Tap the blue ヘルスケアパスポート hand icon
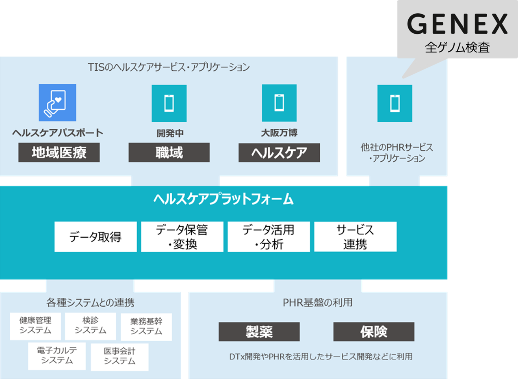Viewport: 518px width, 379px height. pos(57,102)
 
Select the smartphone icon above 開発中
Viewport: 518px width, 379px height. pos(169,103)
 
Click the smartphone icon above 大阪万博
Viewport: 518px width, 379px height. pos(279,103)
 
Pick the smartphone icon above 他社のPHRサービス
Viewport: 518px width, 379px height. pos(394,103)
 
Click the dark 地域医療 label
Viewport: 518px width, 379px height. pos(59,153)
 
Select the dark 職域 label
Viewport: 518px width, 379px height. pos(169,153)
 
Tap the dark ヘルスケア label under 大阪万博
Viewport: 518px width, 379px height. pos(279,153)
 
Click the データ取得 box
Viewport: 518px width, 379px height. pos(95,237)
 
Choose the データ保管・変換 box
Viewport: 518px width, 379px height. pos(182,237)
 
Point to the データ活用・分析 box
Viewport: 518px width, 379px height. pos(269,237)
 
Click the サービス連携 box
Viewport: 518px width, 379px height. pos(355,237)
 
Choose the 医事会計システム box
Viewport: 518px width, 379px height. pos(119,357)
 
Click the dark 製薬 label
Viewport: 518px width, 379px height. pos(259,332)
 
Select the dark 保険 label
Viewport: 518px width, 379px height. pos(374,332)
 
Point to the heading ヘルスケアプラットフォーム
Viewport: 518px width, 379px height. pos(223,199)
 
